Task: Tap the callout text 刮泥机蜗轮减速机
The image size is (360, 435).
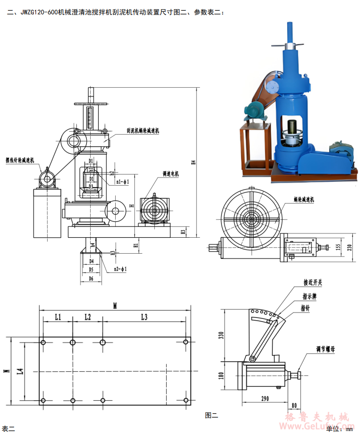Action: [143, 130]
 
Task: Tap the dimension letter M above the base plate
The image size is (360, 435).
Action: [115, 305]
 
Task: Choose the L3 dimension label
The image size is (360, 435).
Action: [144, 317]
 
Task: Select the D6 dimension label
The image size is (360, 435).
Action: [91, 278]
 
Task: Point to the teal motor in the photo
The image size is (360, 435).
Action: [253, 113]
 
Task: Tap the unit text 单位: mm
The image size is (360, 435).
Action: [340, 428]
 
